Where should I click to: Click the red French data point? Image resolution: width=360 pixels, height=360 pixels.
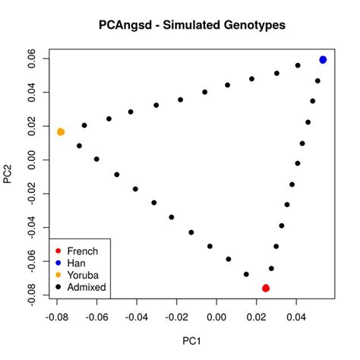tap(266, 288)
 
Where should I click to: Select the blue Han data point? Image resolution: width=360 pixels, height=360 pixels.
tap(323, 59)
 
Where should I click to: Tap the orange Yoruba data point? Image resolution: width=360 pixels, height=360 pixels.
tap(61, 132)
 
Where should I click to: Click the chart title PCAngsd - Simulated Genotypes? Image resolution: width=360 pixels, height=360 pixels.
tap(191, 25)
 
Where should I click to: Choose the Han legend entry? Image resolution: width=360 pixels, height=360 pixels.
tap(77, 263)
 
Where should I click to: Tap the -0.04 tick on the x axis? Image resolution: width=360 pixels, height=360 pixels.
tap(137, 314)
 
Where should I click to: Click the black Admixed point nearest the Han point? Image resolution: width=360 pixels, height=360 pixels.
tap(317, 81)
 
